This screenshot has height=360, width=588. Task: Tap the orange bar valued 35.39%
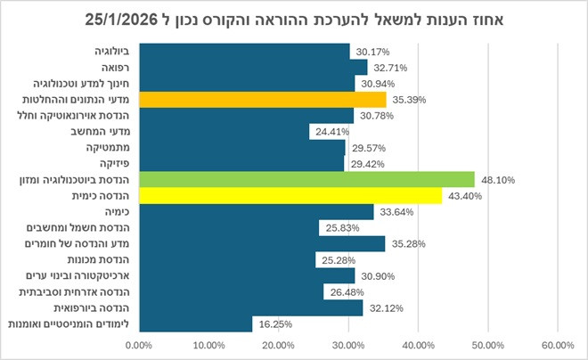262,99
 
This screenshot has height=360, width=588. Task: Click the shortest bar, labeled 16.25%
195,323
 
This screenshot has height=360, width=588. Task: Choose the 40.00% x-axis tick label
417,345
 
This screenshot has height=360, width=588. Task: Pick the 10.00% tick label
208,345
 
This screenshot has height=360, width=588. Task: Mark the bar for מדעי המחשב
223,131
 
